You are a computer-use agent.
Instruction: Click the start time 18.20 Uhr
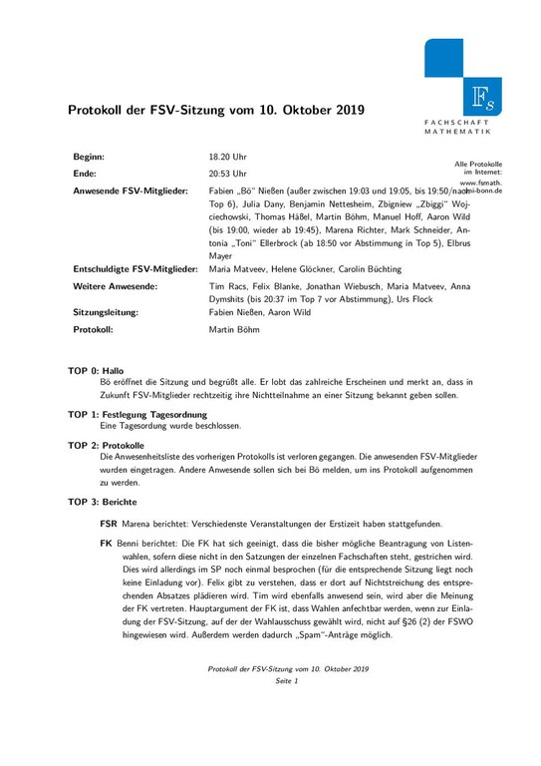click(x=227, y=158)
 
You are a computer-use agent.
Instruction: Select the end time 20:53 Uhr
click(x=227, y=173)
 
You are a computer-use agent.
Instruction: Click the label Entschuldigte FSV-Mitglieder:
click(x=135, y=269)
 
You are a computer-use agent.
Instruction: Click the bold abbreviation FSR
click(x=111, y=524)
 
